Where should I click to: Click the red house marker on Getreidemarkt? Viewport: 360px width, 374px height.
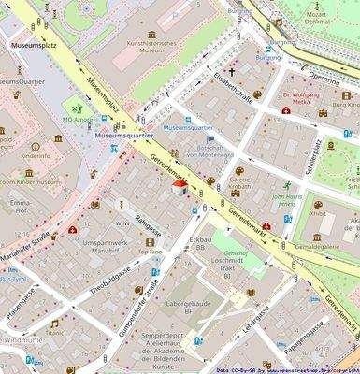click(180, 188)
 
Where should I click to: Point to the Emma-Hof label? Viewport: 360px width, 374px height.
click(18, 207)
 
